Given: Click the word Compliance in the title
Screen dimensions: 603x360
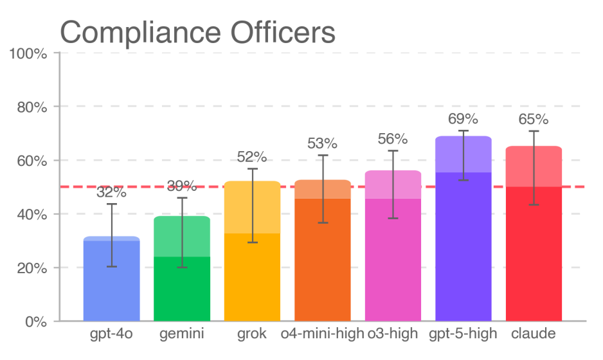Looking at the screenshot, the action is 140,33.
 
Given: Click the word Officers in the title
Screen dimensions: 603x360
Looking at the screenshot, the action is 283,32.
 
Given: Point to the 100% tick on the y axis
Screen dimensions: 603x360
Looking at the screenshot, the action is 28,53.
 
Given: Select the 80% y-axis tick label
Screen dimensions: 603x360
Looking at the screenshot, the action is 32,107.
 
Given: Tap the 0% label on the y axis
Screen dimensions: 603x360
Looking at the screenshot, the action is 36,322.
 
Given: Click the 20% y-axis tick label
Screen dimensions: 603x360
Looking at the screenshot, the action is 32,269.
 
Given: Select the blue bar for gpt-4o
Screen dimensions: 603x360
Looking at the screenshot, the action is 111,278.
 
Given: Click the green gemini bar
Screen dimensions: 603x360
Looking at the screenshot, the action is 182,269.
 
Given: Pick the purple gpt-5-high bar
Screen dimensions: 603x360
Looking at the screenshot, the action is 464,228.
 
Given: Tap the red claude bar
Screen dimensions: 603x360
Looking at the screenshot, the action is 534,233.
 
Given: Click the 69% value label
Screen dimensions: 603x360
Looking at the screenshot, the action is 463,119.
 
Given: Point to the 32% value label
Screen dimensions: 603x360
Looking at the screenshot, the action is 111,192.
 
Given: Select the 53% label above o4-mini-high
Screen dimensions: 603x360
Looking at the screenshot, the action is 322,144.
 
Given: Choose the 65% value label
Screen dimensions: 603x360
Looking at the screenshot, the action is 534,120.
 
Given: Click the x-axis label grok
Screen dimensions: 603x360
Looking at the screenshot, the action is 252,334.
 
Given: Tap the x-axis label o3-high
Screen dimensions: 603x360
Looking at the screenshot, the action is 393,334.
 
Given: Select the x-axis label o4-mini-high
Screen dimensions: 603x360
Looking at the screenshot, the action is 322,334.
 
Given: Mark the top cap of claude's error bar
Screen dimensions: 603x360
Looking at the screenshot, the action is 534,131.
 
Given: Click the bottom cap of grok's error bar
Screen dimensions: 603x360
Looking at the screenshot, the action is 253,242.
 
